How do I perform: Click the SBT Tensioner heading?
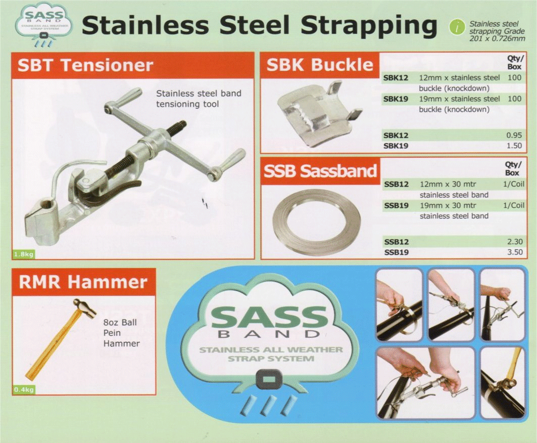(85, 65)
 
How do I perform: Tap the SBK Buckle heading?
(320, 64)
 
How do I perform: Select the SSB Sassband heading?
(320, 171)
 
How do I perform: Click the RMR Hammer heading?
(83, 282)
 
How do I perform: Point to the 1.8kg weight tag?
(23, 254)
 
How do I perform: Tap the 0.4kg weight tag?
(24, 389)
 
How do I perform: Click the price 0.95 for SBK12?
(514, 135)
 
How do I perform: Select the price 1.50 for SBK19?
(514, 146)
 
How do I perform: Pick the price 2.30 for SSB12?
(515, 242)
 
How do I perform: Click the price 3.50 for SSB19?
(515, 252)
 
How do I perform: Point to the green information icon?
(457, 27)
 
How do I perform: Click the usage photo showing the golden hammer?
(503, 382)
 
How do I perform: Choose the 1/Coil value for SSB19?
(513, 205)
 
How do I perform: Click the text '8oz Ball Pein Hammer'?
(121, 333)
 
